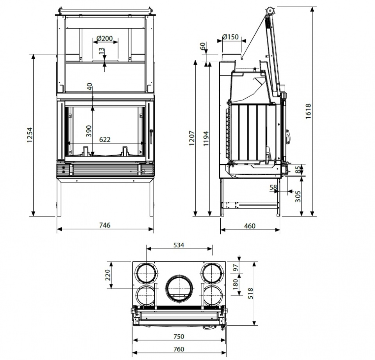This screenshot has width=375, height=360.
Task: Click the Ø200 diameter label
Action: click(x=105, y=38)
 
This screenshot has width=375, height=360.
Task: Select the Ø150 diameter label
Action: click(x=230, y=37)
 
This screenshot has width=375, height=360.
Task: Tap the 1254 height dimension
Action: click(x=29, y=135)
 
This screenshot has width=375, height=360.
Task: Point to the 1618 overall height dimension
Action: click(x=308, y=111)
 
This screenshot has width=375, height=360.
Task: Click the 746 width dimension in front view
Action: click(x=105, y=225)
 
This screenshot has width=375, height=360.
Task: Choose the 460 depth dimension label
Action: click(x=250, y=226)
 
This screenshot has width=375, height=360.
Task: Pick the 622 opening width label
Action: click(x=105, y=139)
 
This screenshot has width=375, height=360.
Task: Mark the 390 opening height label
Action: click(x=89, y=131)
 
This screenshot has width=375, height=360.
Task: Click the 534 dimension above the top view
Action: click(x=179, y=245)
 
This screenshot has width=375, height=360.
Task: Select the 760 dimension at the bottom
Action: click(x=179, y=349)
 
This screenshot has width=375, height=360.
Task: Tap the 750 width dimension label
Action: click(x=179, y=336)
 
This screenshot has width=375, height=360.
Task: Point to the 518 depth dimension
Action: click(x=250, y=293)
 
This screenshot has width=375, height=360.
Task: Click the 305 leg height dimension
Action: click(x=298, y=196)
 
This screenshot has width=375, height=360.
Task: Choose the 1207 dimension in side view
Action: click(x=192, y=138)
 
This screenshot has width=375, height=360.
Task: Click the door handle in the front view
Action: click(x=152, y=137)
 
